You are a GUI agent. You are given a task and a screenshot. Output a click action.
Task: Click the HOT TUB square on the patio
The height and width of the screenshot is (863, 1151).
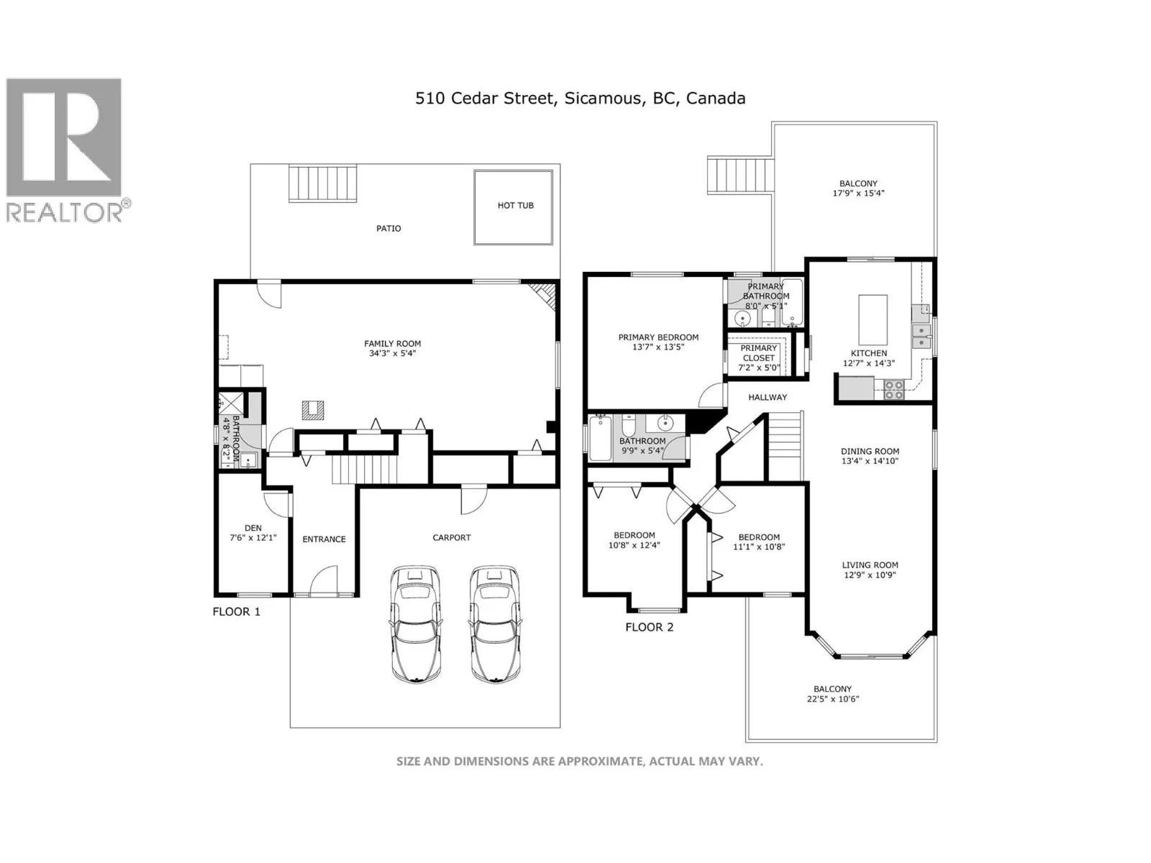(513, 207)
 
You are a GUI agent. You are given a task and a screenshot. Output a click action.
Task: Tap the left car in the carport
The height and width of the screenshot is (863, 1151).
(415, 624)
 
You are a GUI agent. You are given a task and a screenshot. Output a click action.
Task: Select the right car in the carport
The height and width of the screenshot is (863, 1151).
(494, 624)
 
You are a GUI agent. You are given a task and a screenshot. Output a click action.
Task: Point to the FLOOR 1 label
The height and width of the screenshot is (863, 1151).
(237, 611)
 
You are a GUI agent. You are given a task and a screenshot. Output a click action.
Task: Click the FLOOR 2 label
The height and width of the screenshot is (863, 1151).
(649, 627)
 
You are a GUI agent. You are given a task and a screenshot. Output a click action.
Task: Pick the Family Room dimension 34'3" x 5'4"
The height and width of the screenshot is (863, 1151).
(392, 354)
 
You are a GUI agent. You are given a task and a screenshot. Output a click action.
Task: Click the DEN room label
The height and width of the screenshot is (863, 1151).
(253, 528)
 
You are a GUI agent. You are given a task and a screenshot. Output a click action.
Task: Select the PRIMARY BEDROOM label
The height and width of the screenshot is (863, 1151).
(658, 337)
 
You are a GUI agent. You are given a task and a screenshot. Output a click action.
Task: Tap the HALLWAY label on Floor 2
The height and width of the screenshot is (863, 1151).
(767, 397)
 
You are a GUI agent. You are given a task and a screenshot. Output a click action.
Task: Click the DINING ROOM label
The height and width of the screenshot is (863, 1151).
(870, 451)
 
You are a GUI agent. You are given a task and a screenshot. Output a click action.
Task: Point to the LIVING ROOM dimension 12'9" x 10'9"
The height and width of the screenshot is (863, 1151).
(870, 575)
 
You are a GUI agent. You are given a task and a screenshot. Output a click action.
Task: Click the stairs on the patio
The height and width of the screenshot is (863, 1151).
(322, 183)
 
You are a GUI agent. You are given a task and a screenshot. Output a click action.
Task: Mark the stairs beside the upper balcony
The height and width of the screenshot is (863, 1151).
(740, 175)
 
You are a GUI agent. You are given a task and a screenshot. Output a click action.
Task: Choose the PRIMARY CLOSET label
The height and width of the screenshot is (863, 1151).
(758, 353)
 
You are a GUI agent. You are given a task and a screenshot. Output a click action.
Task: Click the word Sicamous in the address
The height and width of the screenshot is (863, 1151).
(603, 99)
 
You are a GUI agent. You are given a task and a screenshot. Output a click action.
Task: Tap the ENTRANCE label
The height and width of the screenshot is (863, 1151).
(324, 539)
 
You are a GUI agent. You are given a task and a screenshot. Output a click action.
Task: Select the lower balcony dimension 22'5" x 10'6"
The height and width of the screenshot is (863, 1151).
(833, 698)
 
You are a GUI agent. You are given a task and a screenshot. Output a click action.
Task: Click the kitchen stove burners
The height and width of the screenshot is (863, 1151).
(894, 391)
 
